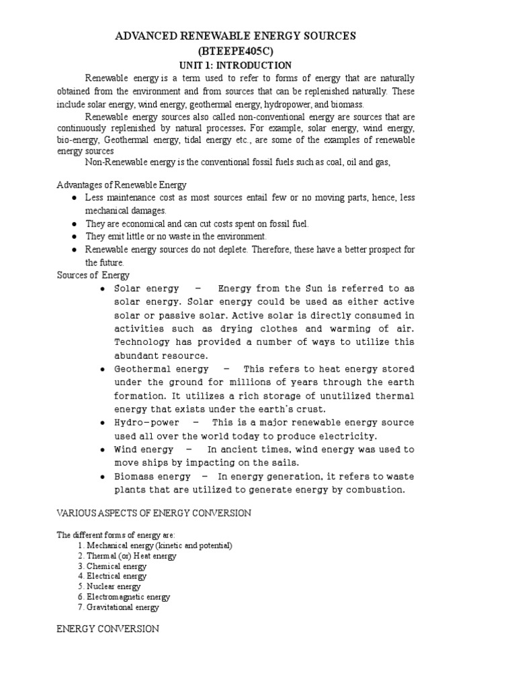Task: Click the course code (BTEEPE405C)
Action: coord(234,51)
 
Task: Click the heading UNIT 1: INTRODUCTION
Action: coord(234,65)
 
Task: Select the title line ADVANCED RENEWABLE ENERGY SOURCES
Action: coord(234,36)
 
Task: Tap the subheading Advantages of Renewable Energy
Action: coord(122,184)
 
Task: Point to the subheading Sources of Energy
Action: coord(93,275)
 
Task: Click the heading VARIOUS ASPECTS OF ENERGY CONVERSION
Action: coord(154,513)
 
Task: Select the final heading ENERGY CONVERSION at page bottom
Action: coord(108,629)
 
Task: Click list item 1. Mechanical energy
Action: coord(155,545)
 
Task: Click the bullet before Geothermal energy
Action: coord(102,370)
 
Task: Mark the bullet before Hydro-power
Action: coord(102,423)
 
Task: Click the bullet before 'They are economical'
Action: coord(74,223)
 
